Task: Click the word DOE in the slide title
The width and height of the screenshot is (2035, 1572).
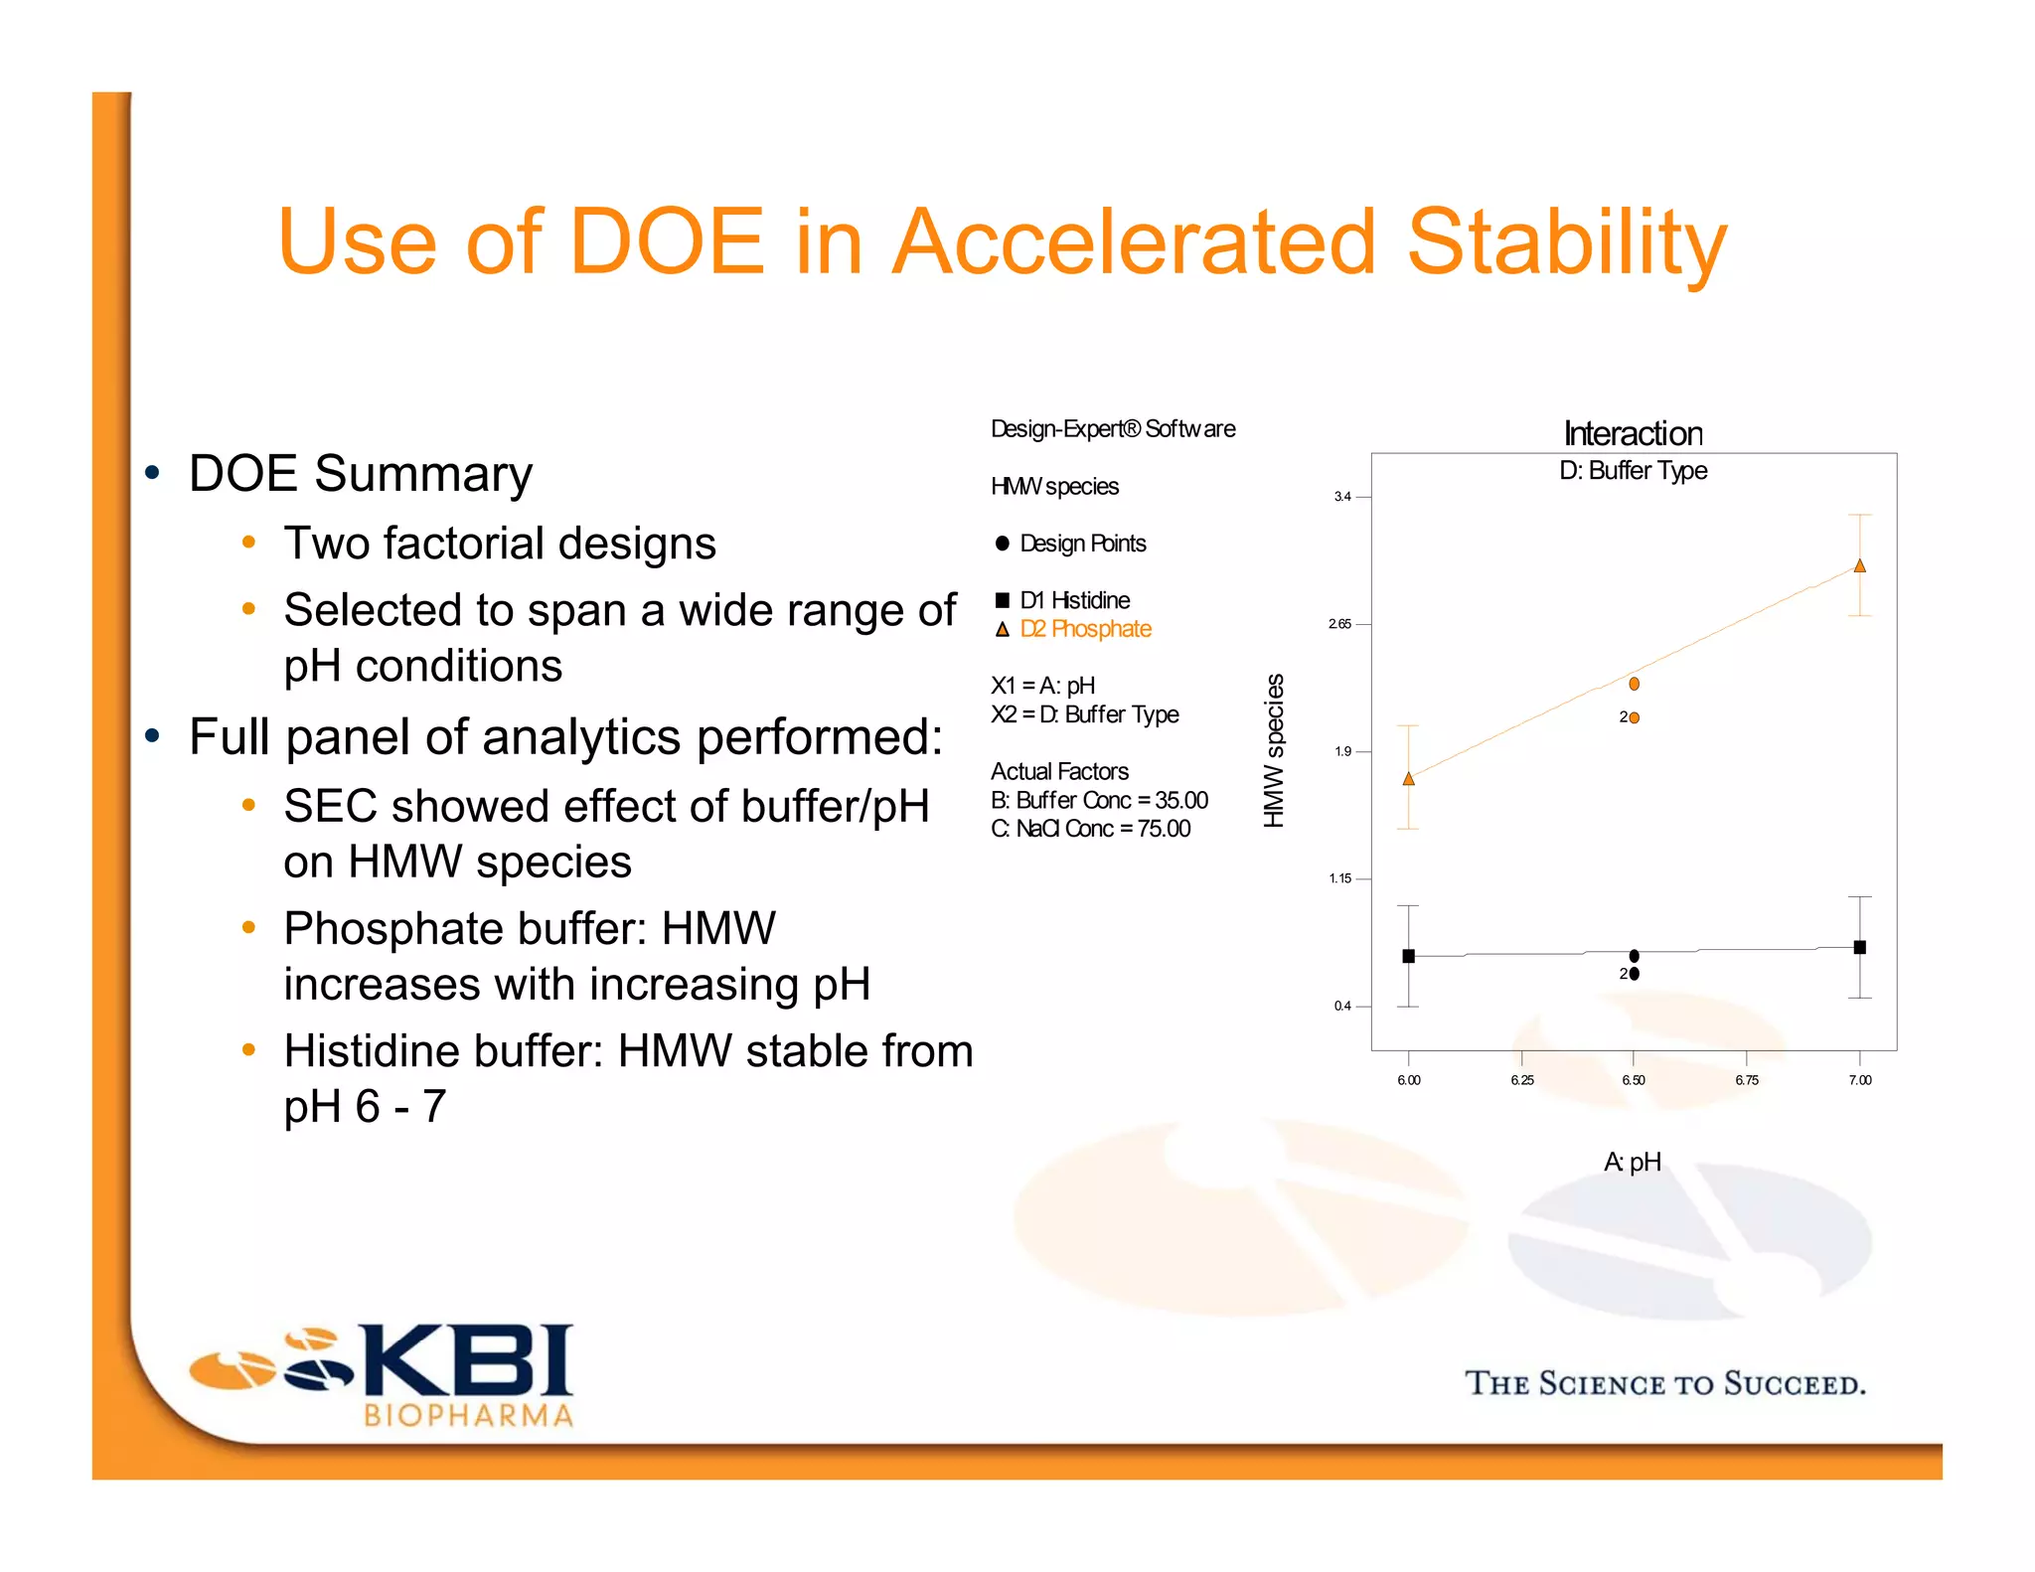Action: tap(666, 241)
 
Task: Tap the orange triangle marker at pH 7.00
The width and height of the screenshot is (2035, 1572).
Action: tap(1860, 566)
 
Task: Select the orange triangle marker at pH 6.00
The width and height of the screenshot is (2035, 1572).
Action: tap(1408, 779)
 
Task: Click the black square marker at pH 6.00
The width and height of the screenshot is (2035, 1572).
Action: tap(1408, 956)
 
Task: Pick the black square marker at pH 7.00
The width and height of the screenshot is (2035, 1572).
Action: tap(1860, 947)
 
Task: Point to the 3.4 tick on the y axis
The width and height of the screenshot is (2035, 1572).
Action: tap(1342, 497)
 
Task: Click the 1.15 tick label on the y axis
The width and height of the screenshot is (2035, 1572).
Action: tap(1340, 878)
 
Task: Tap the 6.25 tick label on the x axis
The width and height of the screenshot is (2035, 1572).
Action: tap(1521, 1080)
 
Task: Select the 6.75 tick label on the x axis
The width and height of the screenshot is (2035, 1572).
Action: tap(1747, 1080)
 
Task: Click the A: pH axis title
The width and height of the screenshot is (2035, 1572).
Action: tap(1633, 1162)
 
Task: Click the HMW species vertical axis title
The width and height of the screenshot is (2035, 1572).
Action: tap(1274, 750)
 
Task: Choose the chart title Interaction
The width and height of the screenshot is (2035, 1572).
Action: tap(1633, 434)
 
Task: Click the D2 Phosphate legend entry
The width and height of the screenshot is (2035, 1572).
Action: tap(1085, 629)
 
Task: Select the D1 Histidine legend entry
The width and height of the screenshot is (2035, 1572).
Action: tap(1074, 600)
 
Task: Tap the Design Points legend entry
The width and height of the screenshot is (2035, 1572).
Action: tap(1082, 544)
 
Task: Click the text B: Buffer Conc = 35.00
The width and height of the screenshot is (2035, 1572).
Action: tap(1099, 800)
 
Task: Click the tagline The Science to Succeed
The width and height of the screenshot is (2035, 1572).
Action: tap(1665, 1383)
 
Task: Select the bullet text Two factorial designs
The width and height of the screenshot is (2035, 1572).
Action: tap(500, 544)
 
